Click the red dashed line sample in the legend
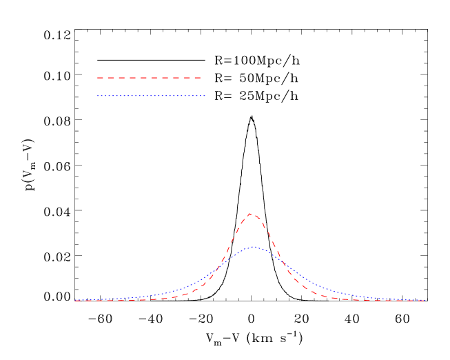tap(149, 78)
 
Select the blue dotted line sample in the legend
tap(151, 96)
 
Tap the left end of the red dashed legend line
tap(98, 78)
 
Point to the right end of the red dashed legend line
tap(201, 78)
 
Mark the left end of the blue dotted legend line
tap(98, 96)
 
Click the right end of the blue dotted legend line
tap(205, 96)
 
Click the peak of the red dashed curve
tap(251, 214)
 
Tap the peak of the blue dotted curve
tap(253, 247)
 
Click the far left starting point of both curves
tap(75, 301)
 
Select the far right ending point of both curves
tap(425, 301)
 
